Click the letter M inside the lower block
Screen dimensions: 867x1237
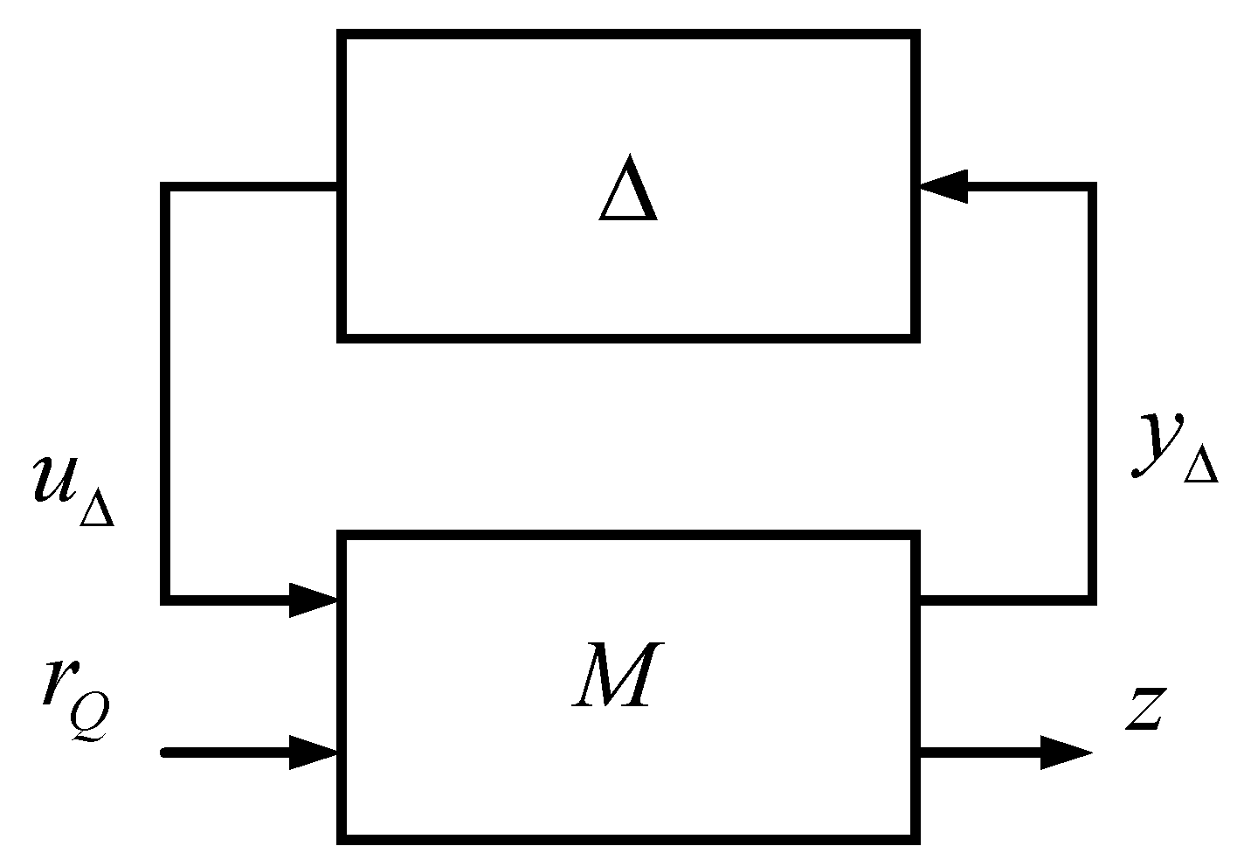[613, 674]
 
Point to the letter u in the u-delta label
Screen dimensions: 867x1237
[54, 481]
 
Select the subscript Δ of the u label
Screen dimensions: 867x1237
[96, 509]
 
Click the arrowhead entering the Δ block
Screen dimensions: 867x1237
[943, 186]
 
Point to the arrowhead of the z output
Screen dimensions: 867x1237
[1066, 752]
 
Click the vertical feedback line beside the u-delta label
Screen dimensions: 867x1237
[166, 393]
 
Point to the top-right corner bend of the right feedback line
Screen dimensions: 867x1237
[1091, 187]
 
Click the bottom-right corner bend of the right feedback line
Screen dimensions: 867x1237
[1091, 600]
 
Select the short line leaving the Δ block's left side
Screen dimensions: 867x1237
[253, 187]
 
